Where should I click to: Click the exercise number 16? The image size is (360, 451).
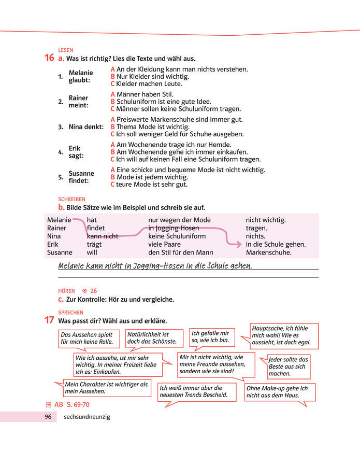(x=49, y=58)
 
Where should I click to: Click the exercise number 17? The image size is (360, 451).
(x=49, y=320)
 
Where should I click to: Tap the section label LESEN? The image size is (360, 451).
(x=66, y=50)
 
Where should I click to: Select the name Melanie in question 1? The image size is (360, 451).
(x=80, y=73)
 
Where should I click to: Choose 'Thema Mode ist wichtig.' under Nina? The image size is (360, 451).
(x=150, y=126)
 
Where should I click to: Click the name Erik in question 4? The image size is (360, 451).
(x=75, y=148)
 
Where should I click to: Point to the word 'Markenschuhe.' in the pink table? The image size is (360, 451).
(x=268, y=253)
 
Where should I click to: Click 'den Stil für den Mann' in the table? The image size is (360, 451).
(x=180, y=253)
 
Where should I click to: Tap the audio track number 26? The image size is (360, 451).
(x=94, y=291)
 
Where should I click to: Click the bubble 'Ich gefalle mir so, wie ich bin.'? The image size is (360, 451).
(x=212, y=336)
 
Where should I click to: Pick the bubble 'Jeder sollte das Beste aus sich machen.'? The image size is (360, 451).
(x=288, y=367)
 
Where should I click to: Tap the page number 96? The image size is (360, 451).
(x=48, y=417)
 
